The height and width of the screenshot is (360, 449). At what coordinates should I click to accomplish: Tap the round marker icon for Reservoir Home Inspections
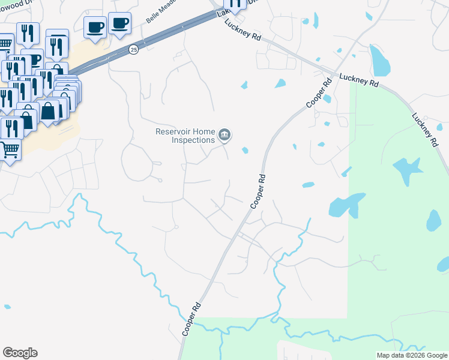coord(224,135)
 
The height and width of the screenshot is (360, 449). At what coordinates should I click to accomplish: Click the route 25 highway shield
coord(133,50)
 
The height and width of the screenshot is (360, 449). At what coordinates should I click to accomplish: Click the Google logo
coord(20,353)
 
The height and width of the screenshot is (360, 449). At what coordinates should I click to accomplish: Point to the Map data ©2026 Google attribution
coord(411,355)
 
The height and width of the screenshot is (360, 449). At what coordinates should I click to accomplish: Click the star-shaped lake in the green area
coord(406,170)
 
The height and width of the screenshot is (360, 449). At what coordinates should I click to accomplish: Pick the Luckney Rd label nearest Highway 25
coord(243,29)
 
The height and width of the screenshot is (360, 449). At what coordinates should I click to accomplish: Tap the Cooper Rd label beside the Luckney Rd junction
coord(318,93)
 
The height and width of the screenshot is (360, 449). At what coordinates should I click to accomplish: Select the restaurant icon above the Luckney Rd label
coord(235,4)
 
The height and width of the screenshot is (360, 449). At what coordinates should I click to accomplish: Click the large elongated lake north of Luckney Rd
coord(379,60)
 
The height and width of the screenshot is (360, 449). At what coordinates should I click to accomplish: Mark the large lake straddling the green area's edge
coord(347,205)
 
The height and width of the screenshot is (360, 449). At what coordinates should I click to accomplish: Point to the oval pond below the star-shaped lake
coord(433,220)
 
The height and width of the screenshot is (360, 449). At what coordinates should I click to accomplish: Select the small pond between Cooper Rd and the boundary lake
coord(308,185)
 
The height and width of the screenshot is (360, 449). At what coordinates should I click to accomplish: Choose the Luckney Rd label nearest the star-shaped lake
coord(424,129)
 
